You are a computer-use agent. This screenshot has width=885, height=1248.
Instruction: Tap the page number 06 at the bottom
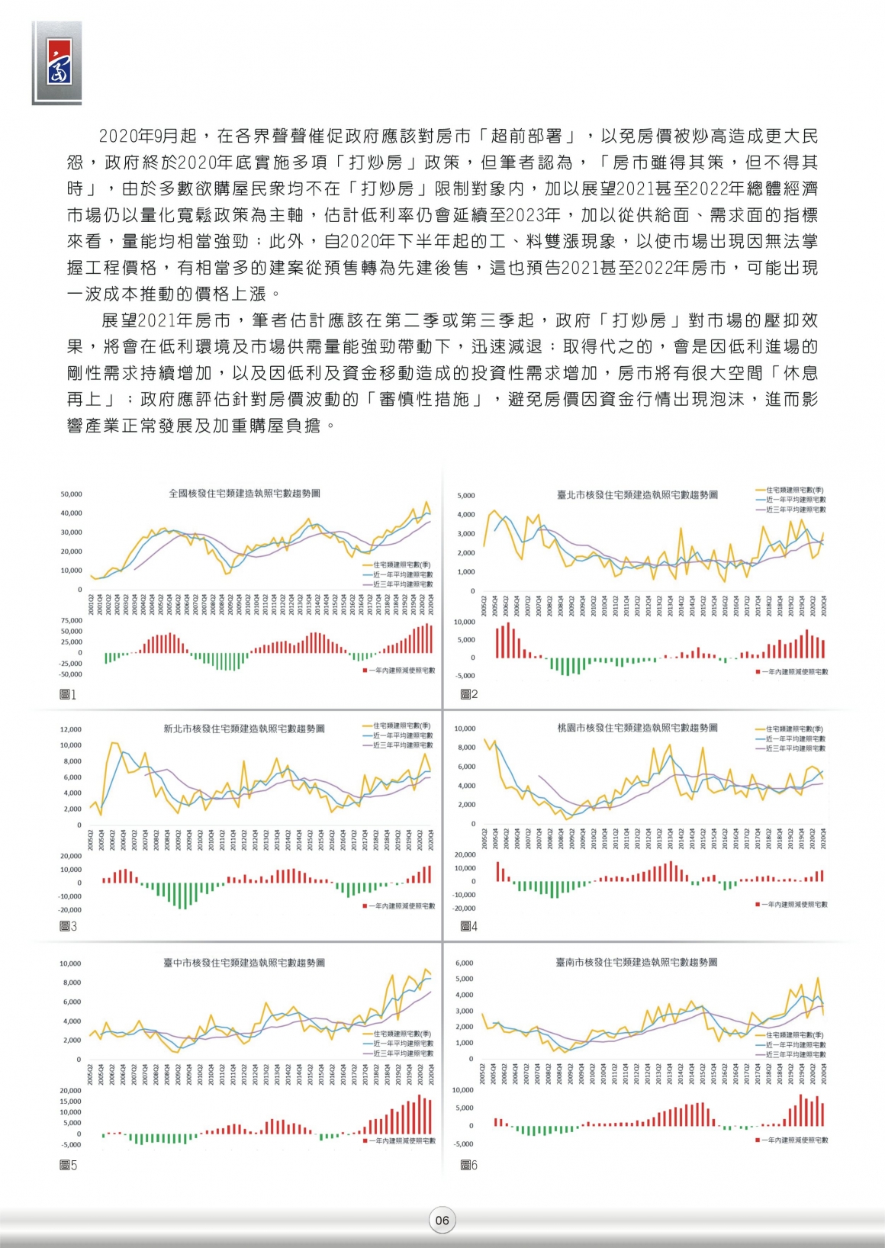(x=442, y=1221)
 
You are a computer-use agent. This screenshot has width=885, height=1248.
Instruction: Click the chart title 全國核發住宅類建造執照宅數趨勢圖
(x=244, y=494)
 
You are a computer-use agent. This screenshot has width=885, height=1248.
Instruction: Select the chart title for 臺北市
(x=637, y=495)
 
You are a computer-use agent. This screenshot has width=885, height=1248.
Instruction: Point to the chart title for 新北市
(x=244, y=729)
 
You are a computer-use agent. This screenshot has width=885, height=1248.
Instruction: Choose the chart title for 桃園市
(x=637, y=728)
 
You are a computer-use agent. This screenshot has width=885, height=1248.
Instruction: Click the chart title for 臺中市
(x=244, y=963)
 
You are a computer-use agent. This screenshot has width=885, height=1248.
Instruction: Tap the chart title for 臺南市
(x=636, y=963)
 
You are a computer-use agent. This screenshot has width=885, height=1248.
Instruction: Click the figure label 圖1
(x=68, y=694)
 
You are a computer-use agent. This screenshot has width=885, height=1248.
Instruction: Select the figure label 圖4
(x=469, y=926)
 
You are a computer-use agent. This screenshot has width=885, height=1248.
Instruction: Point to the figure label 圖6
(x=469, y=1165)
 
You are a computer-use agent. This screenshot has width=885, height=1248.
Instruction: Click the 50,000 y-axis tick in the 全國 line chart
(x=71, y=494)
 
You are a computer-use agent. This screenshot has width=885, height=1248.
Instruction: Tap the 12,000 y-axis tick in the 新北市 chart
(x=71, y=729)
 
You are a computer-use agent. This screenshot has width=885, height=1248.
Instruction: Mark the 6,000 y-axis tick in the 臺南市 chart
(x=464, y=963)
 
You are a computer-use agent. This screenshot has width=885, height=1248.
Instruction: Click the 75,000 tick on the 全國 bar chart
(x=71, y=621)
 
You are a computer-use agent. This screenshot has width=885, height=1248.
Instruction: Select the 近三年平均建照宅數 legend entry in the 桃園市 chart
(x=795, y=748)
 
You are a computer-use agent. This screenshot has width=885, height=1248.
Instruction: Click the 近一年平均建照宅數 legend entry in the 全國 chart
(x=402, y=574)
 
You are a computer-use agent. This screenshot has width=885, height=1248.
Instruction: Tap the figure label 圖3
(x=68, y=926)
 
